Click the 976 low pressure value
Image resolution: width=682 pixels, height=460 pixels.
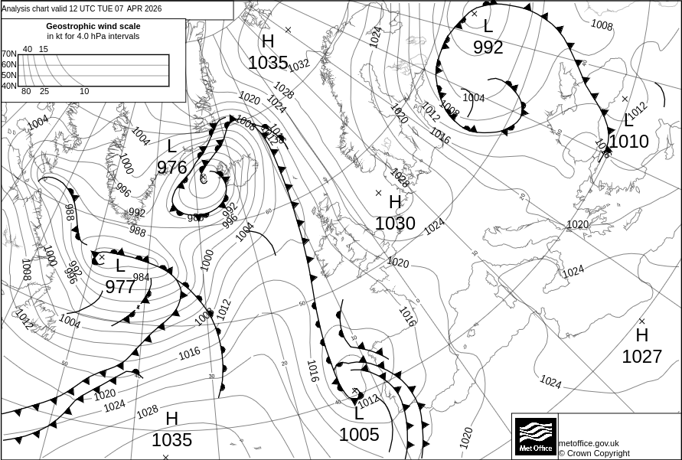pos(171,167)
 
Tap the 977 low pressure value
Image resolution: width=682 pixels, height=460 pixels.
pos(120,287)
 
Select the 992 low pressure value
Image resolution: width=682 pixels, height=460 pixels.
pos(488,47)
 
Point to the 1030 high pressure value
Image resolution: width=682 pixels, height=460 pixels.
pos(395,223)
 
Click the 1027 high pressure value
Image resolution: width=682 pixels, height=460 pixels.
pos(641,356)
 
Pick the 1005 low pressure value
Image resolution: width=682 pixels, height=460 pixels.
pos(359,435)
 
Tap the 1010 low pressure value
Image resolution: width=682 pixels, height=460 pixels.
pos(628,142)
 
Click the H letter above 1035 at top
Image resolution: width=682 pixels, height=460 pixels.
pos(268,41)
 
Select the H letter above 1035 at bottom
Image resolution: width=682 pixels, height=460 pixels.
pos(171,419)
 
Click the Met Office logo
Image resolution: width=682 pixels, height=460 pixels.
pos(535,436)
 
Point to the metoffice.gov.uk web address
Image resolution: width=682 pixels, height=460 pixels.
pos(589,443)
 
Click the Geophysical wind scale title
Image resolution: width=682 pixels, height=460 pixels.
pos(93,26)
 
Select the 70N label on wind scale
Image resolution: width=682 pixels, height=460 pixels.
pos(9,54)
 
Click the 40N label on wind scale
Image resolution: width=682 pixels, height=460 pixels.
pos(9,86)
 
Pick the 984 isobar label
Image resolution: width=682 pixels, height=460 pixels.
pos(141,277)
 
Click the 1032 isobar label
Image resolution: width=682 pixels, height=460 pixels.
pos(299,65)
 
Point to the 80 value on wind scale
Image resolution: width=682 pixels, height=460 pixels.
pos(26,92)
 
